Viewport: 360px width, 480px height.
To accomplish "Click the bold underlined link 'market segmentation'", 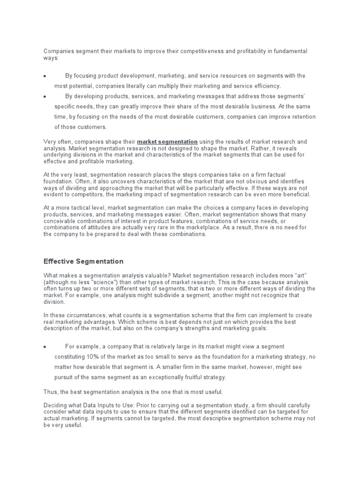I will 167,141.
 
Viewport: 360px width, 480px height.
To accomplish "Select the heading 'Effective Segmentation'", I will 83,261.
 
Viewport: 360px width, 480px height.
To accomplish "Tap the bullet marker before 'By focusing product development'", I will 45,76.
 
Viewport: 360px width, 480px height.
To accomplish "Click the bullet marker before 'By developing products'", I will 45,97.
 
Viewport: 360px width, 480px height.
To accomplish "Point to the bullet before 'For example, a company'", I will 45,347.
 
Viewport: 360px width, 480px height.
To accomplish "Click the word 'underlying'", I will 60,154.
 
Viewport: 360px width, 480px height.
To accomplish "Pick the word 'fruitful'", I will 178,377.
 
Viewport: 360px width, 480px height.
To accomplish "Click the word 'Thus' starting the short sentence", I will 51,391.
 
